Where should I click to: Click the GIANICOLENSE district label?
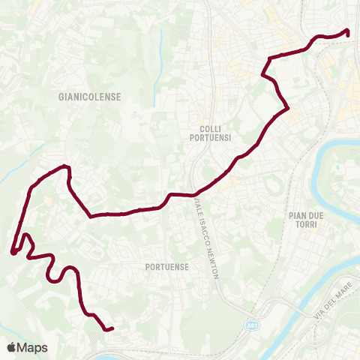pyautogui.click(x=89, y=97)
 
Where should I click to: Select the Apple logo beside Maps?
pyautogui.click(x=10, y=347)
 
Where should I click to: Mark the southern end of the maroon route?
pyautogui.click(x=111, y=328)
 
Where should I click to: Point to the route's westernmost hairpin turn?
pyautogui.click(x=13, y=253)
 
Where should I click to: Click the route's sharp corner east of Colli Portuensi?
pyautogui.click(x=288, y=109)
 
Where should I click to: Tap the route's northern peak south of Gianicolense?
pyautogui.click(x=66, y=166)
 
